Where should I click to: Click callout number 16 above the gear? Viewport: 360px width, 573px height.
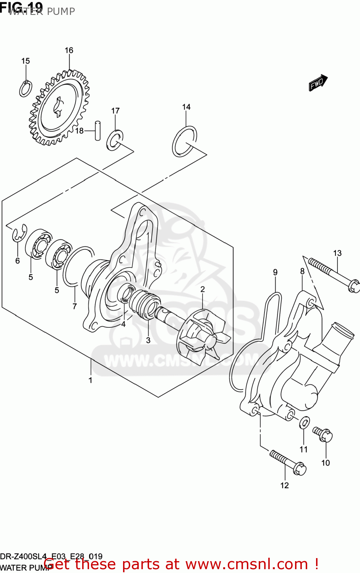click(69, 50)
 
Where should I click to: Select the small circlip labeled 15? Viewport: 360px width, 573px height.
click(26, 89)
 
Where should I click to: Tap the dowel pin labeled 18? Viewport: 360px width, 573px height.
click(98, 131)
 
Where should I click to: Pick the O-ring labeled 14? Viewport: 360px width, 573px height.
click(184, 142)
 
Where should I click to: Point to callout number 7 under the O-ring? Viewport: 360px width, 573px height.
click(75, 306)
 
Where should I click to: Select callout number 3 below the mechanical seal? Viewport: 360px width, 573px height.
click(148, 340)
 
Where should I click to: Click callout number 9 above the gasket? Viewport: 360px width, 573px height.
click(275, 272)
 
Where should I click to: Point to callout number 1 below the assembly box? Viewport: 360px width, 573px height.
click(91, 380)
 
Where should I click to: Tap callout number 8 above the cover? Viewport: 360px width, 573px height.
click(302, 271)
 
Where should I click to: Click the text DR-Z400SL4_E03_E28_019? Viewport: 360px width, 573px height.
click(51, 556)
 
